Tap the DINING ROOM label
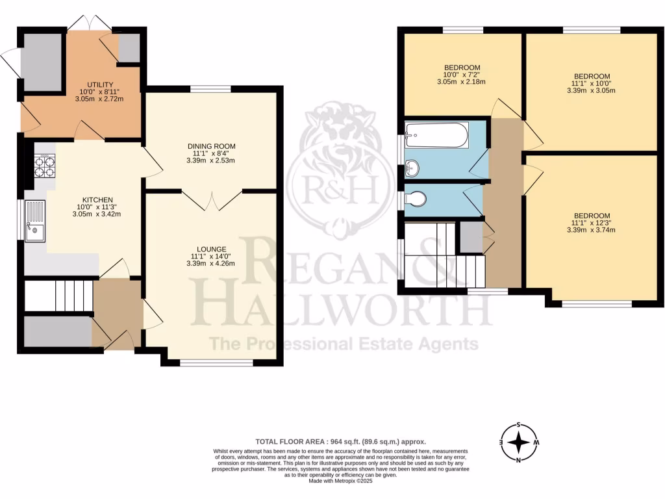[x=211, y=146]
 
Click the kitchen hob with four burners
[x=44, y=166]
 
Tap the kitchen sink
[x=34, y=222]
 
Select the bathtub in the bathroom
[x=436, y=134]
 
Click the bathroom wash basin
[x=411, y=169]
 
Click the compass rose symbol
[x=518, y=442]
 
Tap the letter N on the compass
[x=518, y=460]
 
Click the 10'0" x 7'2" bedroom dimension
[x=462, y=75]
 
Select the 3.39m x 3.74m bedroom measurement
[x=591, y=230]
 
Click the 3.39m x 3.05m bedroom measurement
[x=591, y=90]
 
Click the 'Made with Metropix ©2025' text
[x=340, y=481]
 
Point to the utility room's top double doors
[x=89, y=23]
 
